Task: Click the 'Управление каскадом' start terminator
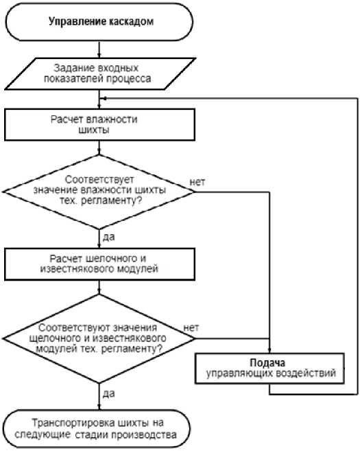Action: point(99,22)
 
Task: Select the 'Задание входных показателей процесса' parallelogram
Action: point(100,73)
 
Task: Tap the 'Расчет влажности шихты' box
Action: point(99,124)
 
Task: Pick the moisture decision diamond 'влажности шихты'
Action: point(99,191)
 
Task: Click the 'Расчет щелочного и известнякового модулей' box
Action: point(99,264)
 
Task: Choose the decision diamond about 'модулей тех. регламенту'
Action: point(99,338)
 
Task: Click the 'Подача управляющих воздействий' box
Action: point(269,368)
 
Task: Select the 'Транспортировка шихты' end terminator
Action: point(97,429)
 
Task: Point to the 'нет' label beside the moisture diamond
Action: point(197,183)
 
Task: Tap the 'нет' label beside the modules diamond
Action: point(191,328)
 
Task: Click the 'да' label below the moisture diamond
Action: point(108,237)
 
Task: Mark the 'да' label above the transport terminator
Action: point(108,394)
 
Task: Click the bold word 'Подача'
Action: point(267,362)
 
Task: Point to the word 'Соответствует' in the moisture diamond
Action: point(99,180)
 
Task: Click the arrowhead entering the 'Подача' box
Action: point(269,350)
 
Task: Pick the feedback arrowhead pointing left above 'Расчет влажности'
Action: point(104,99)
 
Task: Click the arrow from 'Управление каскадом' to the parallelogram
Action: point(99,49)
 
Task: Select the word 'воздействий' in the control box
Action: point(306,373)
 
